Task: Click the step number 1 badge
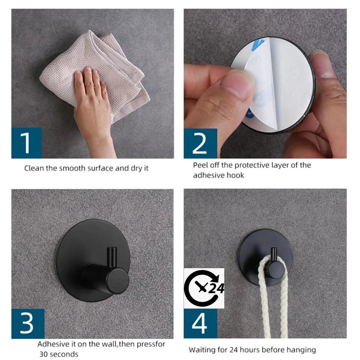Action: (x=27, y=143)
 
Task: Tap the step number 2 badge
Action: (x=201, y=144)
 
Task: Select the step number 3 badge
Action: (x=28, y=324)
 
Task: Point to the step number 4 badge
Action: (x=201, y=324)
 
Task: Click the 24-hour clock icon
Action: (x=204, y=288)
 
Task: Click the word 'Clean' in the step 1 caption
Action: (x=34, y=168)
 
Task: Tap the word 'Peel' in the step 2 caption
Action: (x=200, y=165)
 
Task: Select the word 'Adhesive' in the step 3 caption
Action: (x=53, y=344)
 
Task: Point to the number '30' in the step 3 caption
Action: (x=44, y=354)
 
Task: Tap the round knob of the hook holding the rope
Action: (x=276, y=270)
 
